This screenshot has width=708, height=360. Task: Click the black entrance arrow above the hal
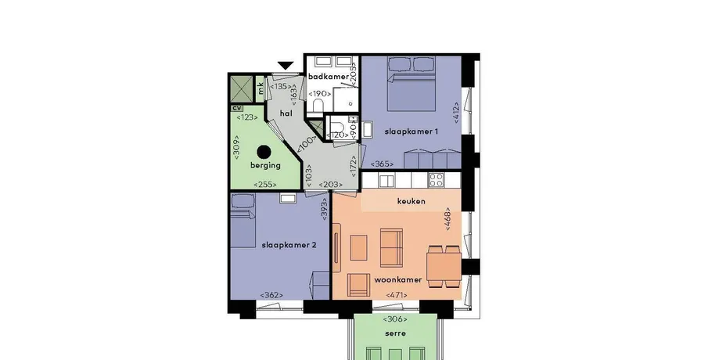coord(286,66)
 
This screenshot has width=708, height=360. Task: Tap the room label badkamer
coord(329,77)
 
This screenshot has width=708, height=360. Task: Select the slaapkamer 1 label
coord(412,131)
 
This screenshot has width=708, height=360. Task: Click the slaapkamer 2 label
coord(289,245)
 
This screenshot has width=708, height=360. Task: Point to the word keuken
coord(411,201)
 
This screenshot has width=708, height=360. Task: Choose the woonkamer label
coord(397,279)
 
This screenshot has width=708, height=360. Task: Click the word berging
coord(265,165)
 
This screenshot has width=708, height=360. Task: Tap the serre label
coord(395,333)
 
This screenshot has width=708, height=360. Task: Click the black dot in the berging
coord(264,151)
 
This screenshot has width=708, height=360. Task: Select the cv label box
coord(236,109)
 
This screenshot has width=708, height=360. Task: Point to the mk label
coord(261,88)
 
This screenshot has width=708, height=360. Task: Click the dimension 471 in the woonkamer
coord(397,295)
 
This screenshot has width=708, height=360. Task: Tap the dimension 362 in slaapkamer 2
coord(271,295)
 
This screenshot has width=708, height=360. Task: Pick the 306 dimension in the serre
coord(395,319)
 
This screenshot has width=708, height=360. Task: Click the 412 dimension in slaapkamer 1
coord(456,113)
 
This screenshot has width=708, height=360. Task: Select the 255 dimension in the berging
coord(265,184)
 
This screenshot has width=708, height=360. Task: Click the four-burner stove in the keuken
coord(437,180)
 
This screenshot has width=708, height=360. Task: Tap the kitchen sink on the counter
coord(386,181)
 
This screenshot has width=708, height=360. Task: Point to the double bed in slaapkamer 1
coord(412,84)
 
